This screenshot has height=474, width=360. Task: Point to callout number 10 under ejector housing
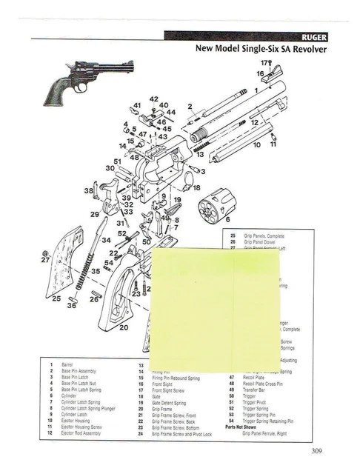(x=257, y=145)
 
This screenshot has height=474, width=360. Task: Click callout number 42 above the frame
(x=154, y=99)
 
